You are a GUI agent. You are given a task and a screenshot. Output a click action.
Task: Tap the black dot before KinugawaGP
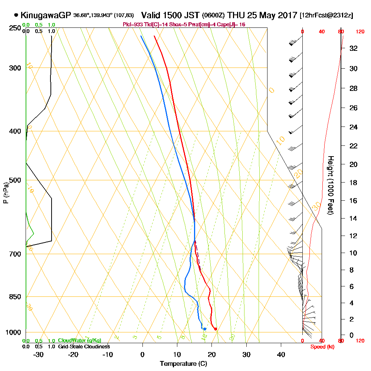(16, 15)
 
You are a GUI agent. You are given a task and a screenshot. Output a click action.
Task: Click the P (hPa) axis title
(6, 193)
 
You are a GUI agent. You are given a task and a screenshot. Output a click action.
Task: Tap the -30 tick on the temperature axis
(38, 354)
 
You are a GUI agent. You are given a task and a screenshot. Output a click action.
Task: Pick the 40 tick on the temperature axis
(281, 354)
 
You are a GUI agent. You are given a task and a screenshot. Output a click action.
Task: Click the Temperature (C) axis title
(183, 364)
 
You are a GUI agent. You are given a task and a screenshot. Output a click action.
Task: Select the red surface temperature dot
(216, 329)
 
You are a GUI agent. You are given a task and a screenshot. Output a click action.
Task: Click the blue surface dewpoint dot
(204, 329)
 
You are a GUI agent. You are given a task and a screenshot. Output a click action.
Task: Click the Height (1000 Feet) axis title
(330, 185)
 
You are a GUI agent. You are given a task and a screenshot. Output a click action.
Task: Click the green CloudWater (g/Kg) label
(79, 341)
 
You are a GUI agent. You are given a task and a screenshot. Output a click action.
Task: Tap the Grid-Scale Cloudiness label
(83, 347)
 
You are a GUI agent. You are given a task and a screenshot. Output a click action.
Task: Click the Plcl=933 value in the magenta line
(132, 24)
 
